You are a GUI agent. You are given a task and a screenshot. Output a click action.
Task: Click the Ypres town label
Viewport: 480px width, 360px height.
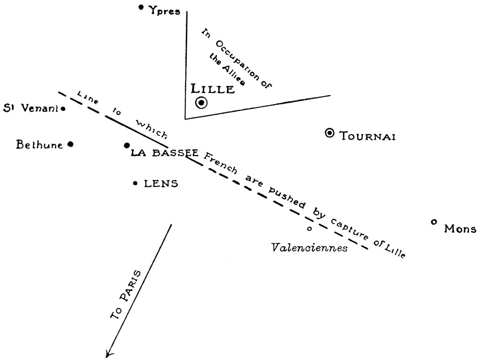pyautogui.click(x=164, y=11)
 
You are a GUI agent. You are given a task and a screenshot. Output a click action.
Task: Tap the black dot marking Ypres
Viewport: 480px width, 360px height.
pyautogui.click(x=141, y=7)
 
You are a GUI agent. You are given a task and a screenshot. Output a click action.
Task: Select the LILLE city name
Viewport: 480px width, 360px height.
pyautogui.click(x=213, y=89)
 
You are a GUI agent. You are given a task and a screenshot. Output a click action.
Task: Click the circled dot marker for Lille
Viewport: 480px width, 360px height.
pyautogui.click(x=201, y=103)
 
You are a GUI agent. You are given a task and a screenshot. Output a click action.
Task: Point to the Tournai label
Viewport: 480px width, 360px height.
pyautogui.click(x=367, y=136)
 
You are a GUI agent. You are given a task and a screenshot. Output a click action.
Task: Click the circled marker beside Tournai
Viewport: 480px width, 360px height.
pyautogui.click(x=330, y=133)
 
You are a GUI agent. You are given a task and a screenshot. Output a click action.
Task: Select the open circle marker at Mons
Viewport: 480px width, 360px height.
pyautogui.click(x=434, y=222)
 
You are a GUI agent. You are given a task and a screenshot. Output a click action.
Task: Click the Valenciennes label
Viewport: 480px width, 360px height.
pyautogui.click(x=309, y=248)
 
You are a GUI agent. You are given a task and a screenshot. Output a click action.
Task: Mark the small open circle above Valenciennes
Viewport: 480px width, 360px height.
pyautogui.click(x=309, y=228)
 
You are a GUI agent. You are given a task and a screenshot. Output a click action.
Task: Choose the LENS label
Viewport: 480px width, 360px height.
pyautogui.click(x=161, y=183)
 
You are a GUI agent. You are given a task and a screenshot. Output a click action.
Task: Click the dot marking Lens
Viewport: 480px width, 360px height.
pyautogui.click(x=136, y=183)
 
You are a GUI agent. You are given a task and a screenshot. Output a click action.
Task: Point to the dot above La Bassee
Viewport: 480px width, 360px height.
pyautogui.click(x=127, y=145)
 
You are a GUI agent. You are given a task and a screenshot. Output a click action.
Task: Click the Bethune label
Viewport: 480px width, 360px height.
pyautogui.click(x=39, y=144)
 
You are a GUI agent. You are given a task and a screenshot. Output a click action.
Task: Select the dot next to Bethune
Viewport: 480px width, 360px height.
pyautogui.click(x=71, y=144)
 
